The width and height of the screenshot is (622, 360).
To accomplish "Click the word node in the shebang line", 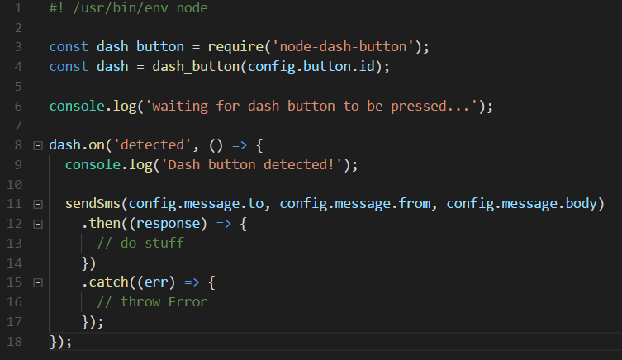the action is point(192,8).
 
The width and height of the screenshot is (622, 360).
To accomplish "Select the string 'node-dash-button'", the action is point(343,47).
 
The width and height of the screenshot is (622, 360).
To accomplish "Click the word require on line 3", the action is point(235,48).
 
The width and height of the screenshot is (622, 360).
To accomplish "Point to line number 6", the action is point(18,107).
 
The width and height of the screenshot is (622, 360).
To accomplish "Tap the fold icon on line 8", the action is point(38,145).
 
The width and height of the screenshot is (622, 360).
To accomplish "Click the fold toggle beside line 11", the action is point(38,204).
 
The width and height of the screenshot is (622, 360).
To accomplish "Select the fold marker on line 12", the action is point(38,224).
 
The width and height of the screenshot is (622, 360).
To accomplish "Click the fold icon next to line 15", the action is point(38,282).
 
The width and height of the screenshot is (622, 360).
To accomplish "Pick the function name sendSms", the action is point(93,204).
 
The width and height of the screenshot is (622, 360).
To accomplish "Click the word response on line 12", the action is point(169,224).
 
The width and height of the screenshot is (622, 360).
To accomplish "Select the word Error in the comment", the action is point(188,302).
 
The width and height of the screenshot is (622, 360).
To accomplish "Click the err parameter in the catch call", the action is point(156,282).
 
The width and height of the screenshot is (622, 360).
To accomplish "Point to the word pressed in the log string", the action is point(419,107).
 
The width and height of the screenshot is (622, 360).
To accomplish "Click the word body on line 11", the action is point(582,204).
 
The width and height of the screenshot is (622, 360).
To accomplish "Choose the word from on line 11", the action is point(415,204).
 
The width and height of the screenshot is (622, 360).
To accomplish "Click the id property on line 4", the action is point(367,66).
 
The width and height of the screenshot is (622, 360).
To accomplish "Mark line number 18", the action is point(15,341).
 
